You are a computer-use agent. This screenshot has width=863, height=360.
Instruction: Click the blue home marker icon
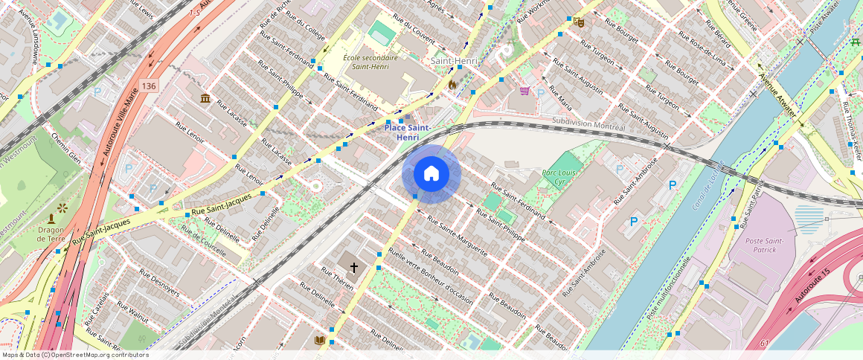coord(431,174)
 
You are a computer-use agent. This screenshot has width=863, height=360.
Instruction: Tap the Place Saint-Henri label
coord(407,132)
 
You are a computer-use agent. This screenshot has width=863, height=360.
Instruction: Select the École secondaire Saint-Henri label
coord(370,62)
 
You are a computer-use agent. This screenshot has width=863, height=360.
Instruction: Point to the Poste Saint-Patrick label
coord(764,245)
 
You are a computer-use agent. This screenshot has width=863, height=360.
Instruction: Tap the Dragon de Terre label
coord(50,235)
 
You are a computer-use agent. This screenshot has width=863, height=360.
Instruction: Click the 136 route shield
coord(149,86)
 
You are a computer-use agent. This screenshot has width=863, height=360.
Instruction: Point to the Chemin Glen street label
coord(65,146)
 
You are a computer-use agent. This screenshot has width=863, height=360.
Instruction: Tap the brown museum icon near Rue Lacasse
coord(205,98)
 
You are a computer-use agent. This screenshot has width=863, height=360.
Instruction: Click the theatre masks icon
coord(578,22)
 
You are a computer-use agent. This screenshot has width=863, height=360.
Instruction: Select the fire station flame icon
coord(451,85)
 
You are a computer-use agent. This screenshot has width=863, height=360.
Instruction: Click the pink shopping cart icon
coord(524,91)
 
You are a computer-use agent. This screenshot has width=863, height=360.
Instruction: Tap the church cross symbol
coord(354,266)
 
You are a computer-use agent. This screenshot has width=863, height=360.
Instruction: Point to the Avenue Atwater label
coord(777,94)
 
